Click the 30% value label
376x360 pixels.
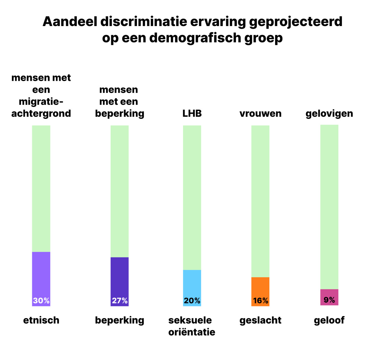pyautogui.click(x=41, y=300)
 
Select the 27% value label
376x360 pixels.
pyautogui.click(x=120, y=300)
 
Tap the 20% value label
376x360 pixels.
pyautogui.click(x=192, y=300)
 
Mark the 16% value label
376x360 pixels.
pyautogui.click(x=261, y=300)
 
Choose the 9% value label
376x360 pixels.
pyautogui.click(x=329, y=300)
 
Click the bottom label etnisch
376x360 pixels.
pyautogui.click(x=41, y=320)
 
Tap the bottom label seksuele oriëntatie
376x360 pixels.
pyautogui.click(x=192, y=326)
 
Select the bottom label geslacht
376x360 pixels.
pyautogui.click(x=260, y=320)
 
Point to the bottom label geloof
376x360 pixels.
pyautogui.click(x=329, y=320)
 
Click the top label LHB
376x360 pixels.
pyautogui.click(x=192, y=113)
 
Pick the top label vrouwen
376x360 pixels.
pyautogui.click(x=260, y=113)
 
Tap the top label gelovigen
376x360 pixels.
pyautogui.click(x=329, y=114)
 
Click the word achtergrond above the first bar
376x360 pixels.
pyautogui.click(x=41, y=113)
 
